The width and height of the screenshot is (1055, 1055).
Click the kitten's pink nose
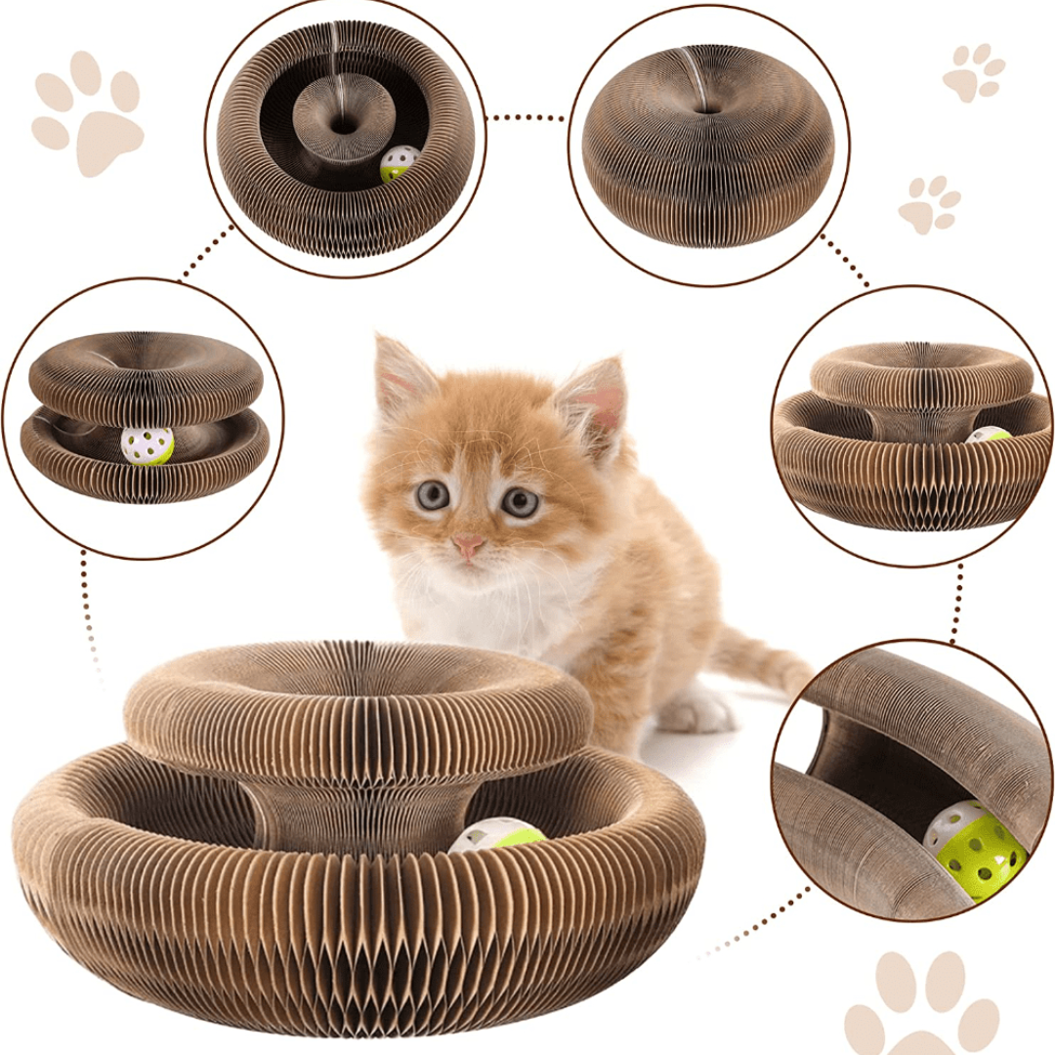(x=469, y=545)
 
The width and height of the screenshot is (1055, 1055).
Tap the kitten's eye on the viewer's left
(x=432, y=494)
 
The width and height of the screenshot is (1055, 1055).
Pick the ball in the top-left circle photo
(x=400, y=163)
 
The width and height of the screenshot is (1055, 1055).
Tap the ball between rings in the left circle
(x=148, y=444)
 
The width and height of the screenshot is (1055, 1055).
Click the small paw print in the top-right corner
(x=973, y=71)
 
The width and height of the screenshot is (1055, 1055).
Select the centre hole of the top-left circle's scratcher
(x=344, y=124)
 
